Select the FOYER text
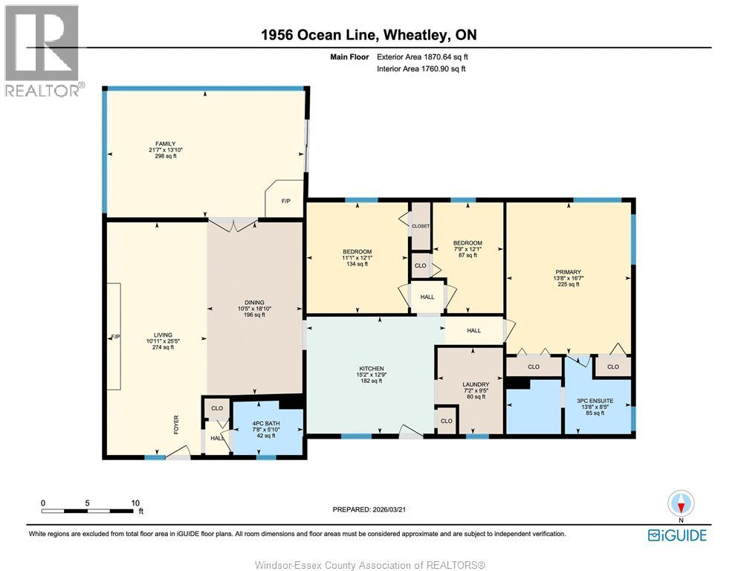point(176,425)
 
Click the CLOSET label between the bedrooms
point(421,226)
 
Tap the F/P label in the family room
point(285,201)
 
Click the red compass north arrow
point(681,506)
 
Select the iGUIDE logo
point(677,535)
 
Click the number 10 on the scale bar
point(135,503)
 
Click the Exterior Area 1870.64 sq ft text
point(422,57)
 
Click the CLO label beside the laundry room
point(446,421)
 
